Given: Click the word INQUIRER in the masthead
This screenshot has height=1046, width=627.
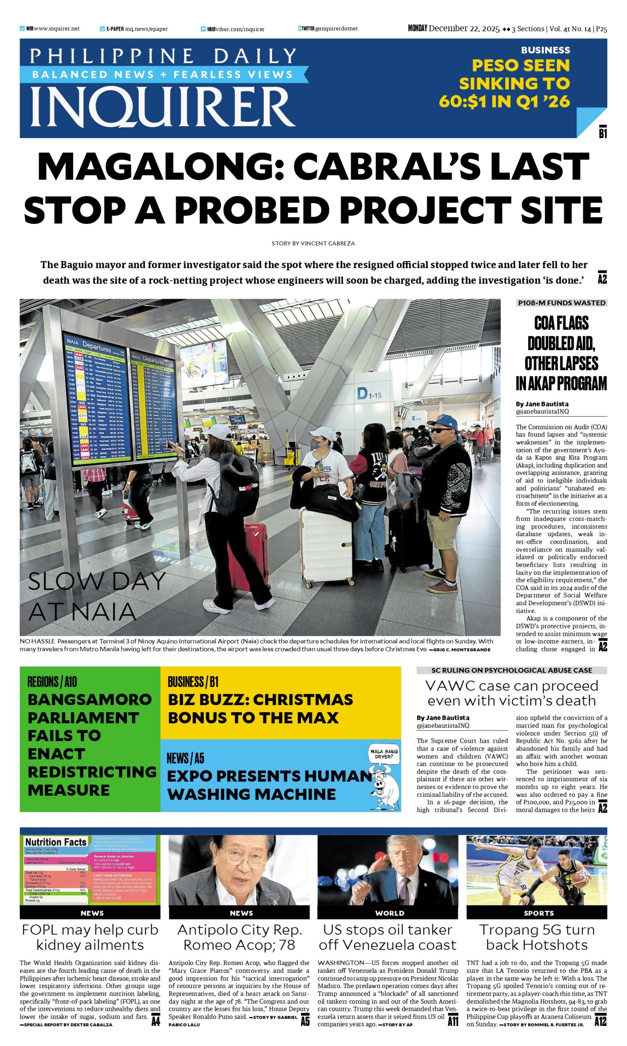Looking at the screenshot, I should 163,106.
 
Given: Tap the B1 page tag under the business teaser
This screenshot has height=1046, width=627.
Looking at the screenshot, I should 602,134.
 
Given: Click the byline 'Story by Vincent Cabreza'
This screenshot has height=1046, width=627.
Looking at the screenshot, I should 313,243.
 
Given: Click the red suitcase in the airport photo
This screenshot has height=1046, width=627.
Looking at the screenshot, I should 248,554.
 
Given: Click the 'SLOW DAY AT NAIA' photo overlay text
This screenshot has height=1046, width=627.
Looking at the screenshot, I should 96,596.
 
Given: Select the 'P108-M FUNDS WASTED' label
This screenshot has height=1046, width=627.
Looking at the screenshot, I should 561,303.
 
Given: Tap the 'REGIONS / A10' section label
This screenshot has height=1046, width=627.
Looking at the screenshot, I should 52,682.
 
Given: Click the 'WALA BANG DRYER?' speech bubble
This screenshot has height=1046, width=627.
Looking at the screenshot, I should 384,754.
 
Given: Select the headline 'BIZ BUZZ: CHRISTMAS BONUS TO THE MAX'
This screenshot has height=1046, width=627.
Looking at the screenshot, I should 260,708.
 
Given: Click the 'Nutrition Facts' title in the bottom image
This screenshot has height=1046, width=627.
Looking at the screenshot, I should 56,842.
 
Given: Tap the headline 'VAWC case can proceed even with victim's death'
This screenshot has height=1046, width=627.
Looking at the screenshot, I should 512,693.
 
